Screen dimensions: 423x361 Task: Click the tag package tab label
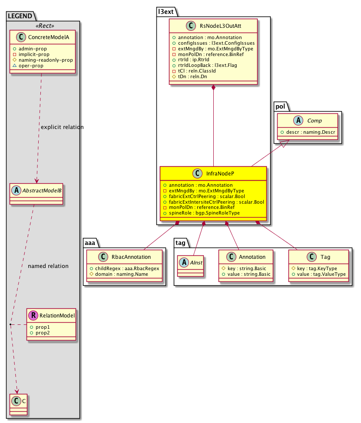181,242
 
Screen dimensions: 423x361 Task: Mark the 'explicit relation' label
62,127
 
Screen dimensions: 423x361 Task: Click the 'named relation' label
48,266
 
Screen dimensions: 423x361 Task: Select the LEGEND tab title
20,16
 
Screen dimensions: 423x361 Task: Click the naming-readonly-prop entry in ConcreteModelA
42,60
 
